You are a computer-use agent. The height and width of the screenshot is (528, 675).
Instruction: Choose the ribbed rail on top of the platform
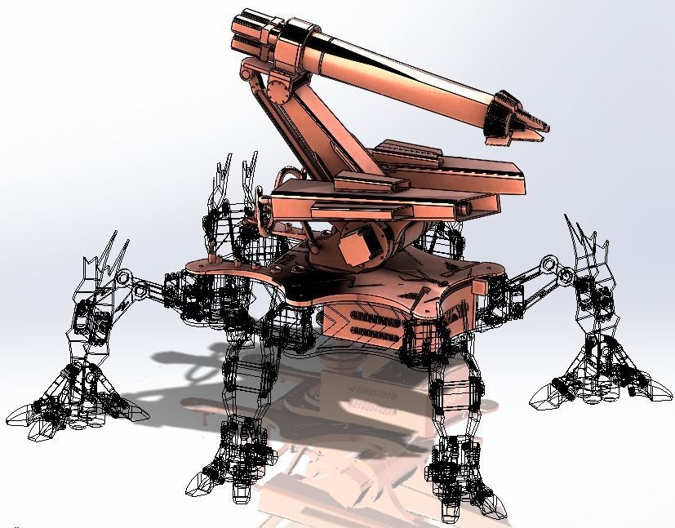point(408,151)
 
